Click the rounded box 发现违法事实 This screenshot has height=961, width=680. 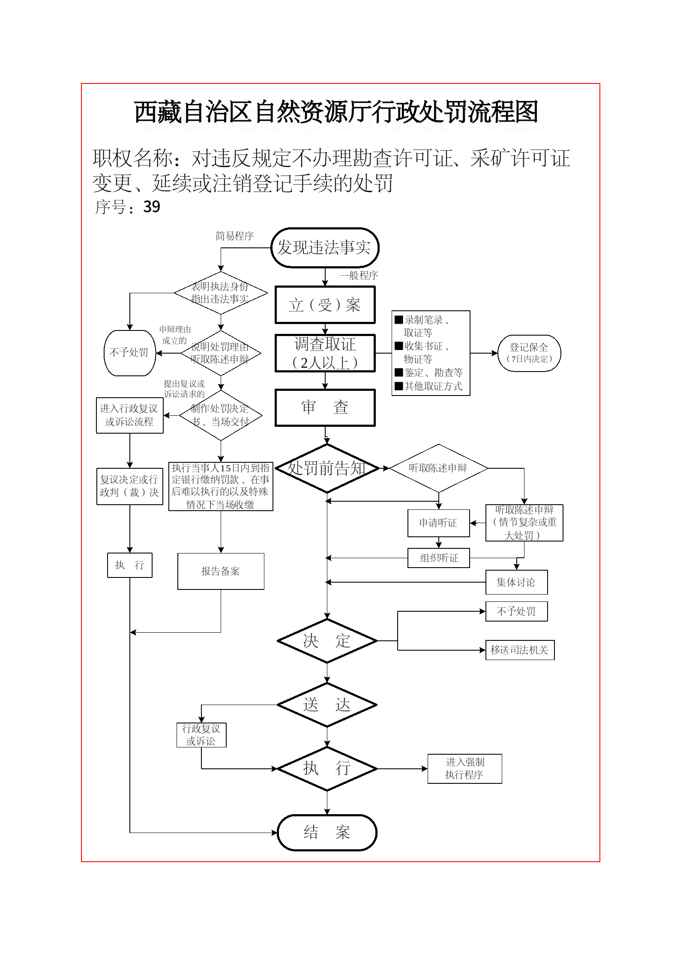[x=325, y=247]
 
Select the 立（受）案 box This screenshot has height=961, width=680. [x=325, y=305]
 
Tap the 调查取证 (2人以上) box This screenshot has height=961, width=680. [x=325, y=353]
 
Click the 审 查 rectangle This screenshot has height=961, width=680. [x=325, y=408]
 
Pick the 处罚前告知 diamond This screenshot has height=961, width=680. [x=327, y=468]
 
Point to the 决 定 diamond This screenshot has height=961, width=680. [x=327, y=641]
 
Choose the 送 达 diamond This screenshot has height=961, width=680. [x=327, y=705]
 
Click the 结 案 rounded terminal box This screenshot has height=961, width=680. [x=327, y=833]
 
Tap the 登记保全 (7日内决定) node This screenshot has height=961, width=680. [x=529, y=353]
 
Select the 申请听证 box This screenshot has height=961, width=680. [x=438, y=523]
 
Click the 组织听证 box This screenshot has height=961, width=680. [x=438, y=558]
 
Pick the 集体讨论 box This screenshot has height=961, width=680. [x=516, y=582]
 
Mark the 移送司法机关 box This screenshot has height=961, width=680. [x=520, y=650]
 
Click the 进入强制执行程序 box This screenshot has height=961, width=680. [x=464, y=769]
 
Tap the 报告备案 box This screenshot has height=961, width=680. [x=221, y=571]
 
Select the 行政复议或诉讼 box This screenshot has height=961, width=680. [x=201, y=735]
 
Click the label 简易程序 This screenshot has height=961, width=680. [x=234, y=236]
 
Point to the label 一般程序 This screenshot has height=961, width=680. [x=359, y=275]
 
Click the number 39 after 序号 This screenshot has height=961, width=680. [x=152, y=207]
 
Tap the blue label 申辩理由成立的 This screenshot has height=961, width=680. [x=175, y=335]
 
